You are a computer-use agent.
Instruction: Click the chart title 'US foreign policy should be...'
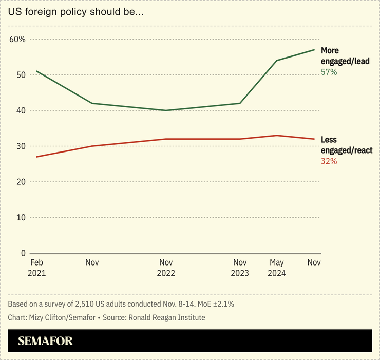pyautogui.click(x=75, y=12)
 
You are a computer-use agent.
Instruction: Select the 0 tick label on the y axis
pyautogui.click(x=23, y=253)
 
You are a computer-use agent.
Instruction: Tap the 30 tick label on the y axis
pyautogui.click(x=21, y=146)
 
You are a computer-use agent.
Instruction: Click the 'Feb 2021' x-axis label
pyautogui.click(x=36, y=268)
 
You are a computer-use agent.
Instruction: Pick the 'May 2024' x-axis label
pyautogui.click(x=277, y=268)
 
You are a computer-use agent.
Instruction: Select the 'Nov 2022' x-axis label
pyautogui.click(x=166, y=268)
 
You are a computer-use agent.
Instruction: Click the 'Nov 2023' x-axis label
pyautogui.click(x=240, y=268)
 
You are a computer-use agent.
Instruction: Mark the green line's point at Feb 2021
pyautogui.click(x=36, y=71)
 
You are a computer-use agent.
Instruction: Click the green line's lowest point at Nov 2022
pyautogui.click(x=166, y=110)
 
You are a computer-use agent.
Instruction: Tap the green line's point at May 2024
pyautogui.click(x=277, y=61)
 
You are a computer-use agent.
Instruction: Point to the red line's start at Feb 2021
pyautogui.click(x=36, y=157)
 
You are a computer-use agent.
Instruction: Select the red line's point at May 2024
pyautogui.click(x=277, y=136)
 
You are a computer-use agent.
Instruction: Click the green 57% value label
pyautogui.click(x=329, y=72)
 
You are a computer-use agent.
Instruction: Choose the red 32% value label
pyautogui.click(x=329, y=161)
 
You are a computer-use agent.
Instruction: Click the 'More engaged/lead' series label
pyautogui.click(x=345, y=55)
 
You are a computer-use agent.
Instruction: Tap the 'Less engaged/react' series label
pyautogui.click(x=346, y=145)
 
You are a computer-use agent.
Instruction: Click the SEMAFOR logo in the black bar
pyautogui.click(x=45, y=341)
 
